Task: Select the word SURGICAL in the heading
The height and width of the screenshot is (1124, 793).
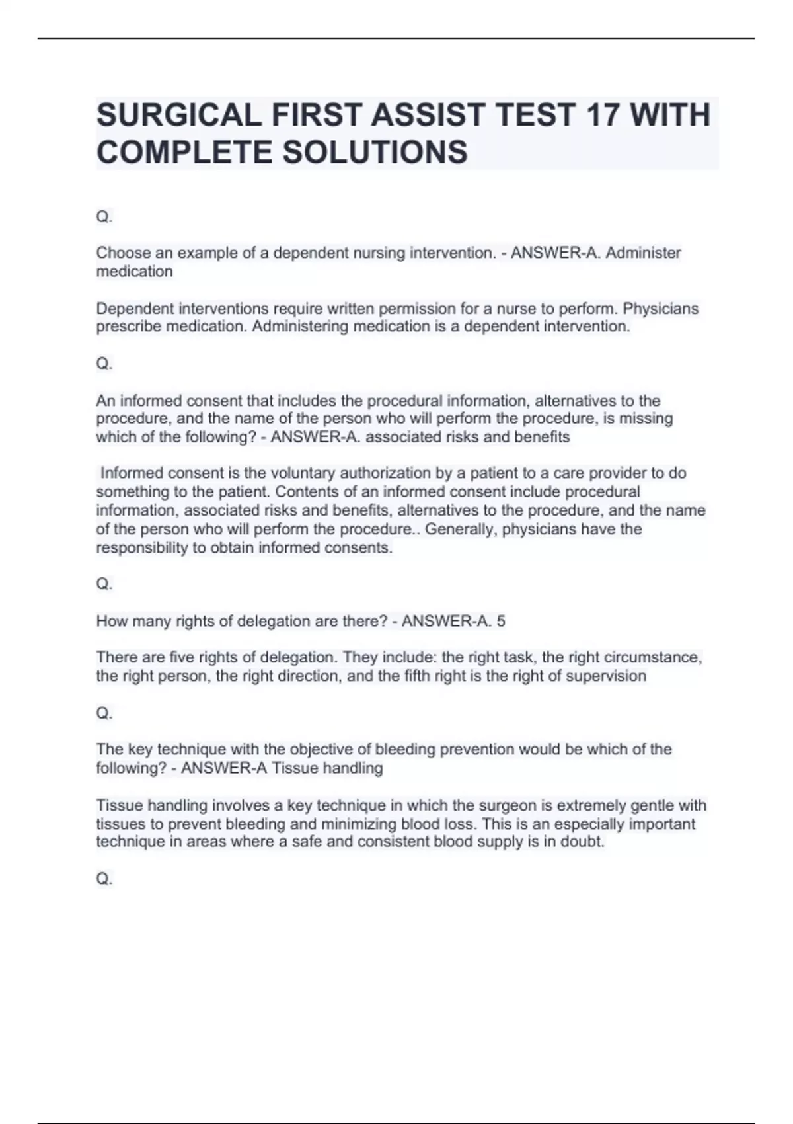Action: click(x=179, y=115)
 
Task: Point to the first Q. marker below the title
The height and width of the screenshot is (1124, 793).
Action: click(x=104, y=217)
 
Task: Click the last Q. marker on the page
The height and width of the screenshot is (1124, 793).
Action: click(x=104, y=879)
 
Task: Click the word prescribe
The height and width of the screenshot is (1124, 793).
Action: click(x=128, y=327)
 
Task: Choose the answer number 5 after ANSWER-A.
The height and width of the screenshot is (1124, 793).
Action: click(x=501, y=622)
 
